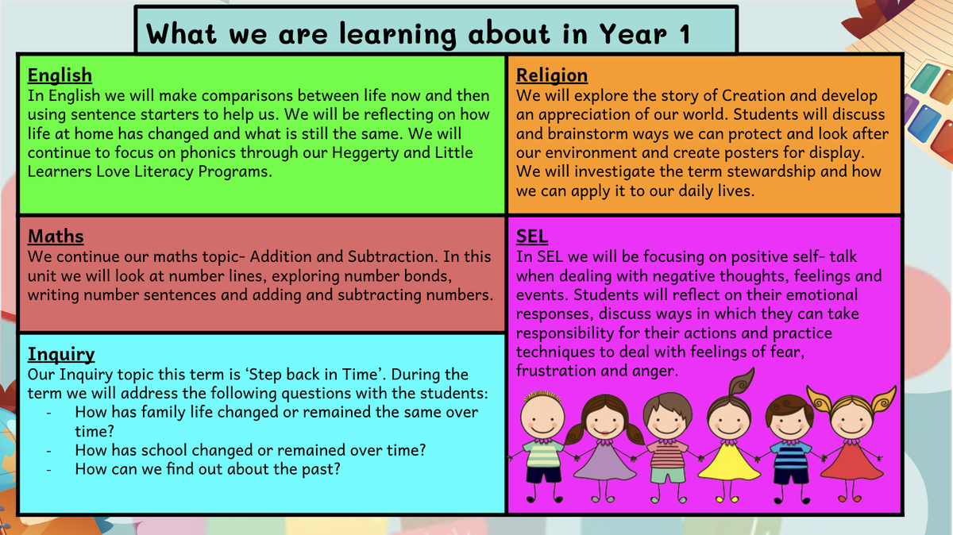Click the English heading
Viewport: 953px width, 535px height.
click(60, 75)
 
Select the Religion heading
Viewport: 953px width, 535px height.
click(552, 75)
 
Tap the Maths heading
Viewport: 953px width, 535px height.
click(56, 237)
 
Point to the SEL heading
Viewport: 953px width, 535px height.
click(532, 237)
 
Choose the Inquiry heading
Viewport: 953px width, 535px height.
click(61, 355)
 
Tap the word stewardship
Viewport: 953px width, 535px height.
click(771, 171)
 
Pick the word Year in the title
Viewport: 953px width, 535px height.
click(634, 34)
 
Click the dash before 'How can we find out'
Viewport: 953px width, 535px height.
click(49, 470)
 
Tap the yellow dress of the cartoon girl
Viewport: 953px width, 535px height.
click(729, 463)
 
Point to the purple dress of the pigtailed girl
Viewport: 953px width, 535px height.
click(604, 463)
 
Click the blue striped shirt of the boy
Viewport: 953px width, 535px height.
click(790, 455)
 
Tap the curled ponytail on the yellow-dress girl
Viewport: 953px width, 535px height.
click(741, 383)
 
